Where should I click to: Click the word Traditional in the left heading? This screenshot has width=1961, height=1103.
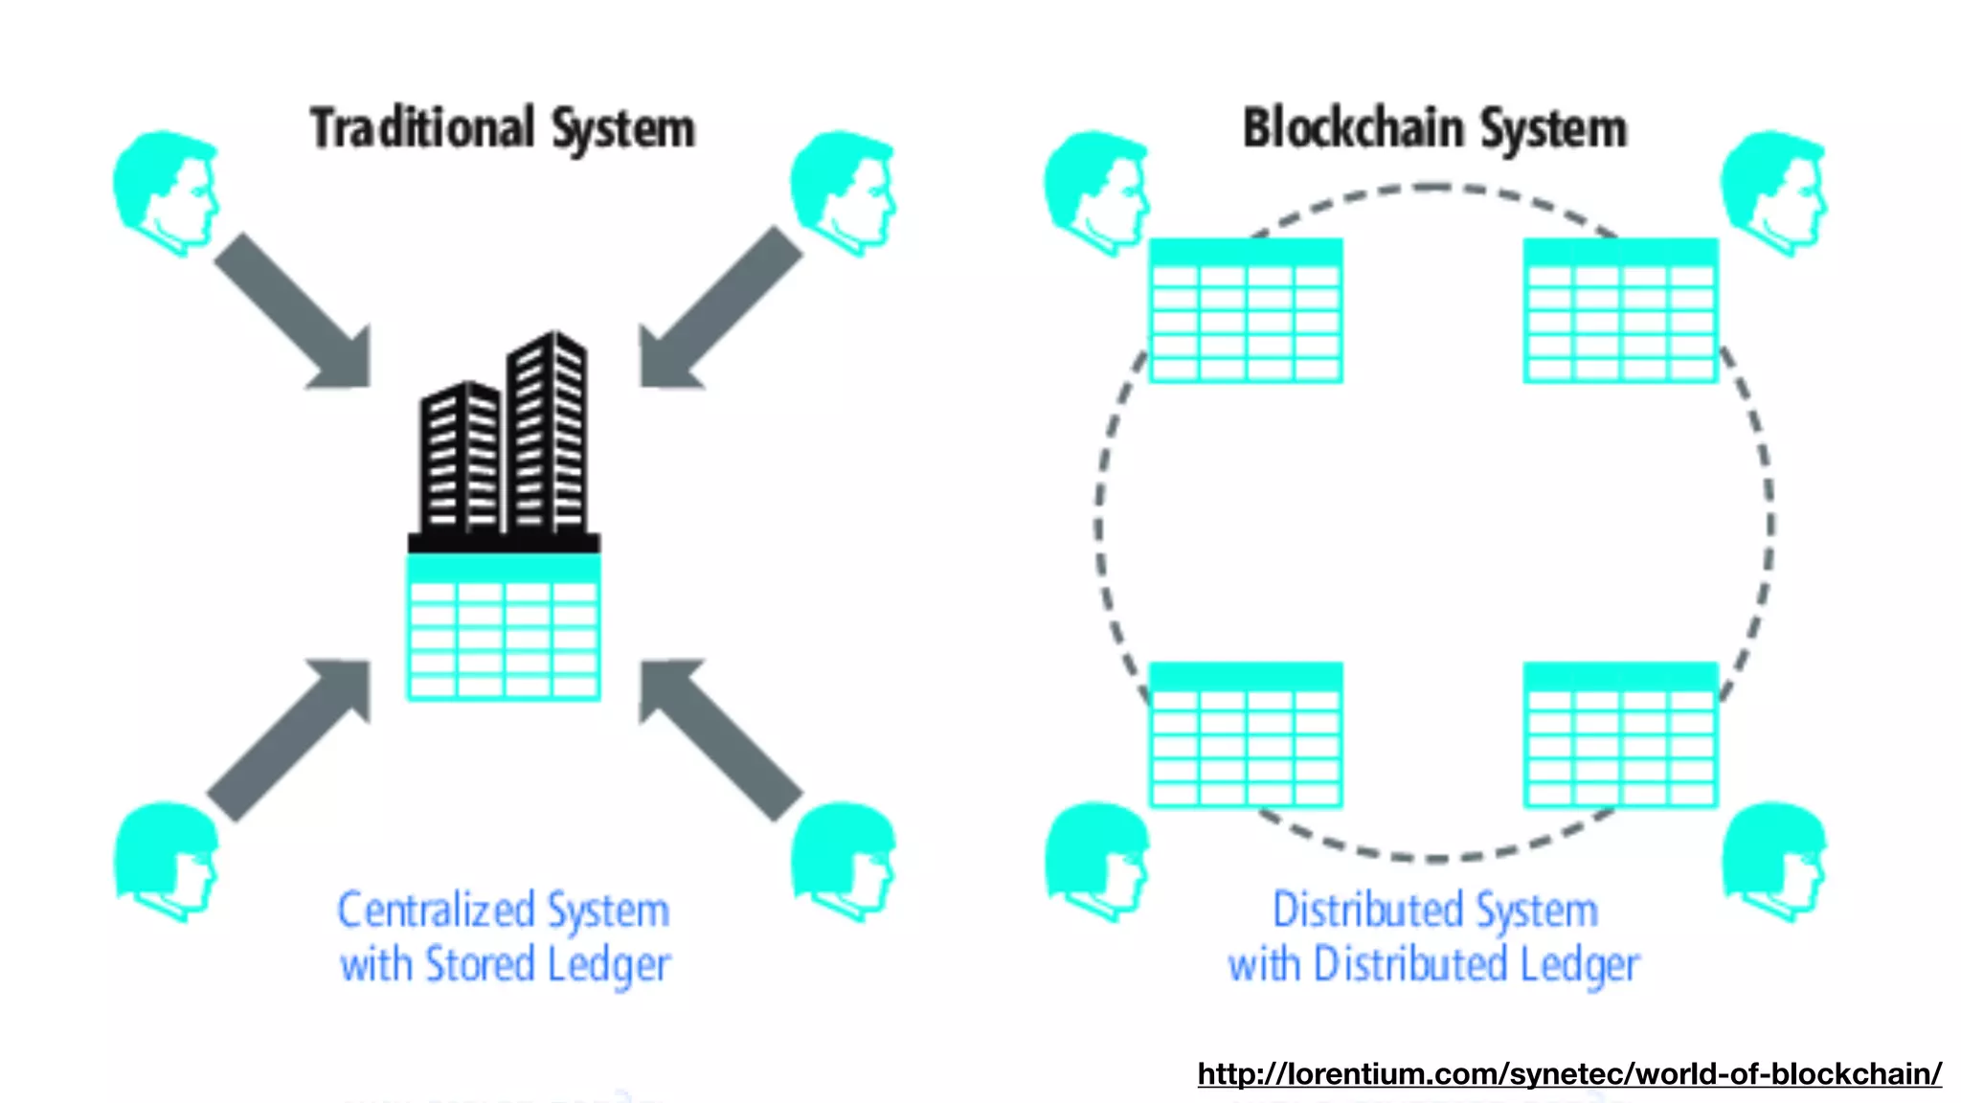tap(421, 129)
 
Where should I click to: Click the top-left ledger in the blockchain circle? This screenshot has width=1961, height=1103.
tap(1246, 311)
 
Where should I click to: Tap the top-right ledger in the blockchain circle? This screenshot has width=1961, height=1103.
tap(1620, 311)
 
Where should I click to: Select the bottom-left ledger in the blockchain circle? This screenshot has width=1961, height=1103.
tap(1246, 734)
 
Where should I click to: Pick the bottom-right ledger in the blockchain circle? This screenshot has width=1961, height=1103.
tap(1620, 734)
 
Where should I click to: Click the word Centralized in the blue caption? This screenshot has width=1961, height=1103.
tap(436, 911)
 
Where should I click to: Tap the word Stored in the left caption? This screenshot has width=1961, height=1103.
tap(480, 964)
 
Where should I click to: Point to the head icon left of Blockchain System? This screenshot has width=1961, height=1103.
tap(1096, 191)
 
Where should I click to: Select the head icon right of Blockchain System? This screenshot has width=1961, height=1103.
tap(1773, 191)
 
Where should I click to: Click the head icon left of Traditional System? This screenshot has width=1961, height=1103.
tap(166, 191)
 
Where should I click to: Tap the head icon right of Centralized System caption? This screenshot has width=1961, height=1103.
tap(843, 862)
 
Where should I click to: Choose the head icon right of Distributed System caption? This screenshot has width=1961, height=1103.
tap(1773, 862)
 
